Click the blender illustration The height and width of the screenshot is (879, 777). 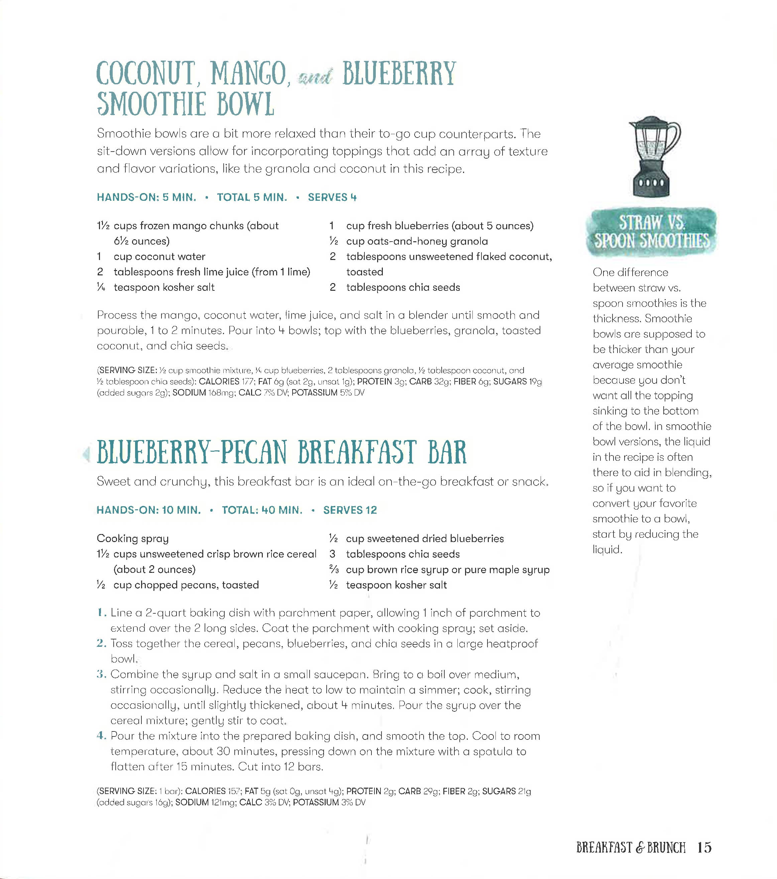coord(653,157)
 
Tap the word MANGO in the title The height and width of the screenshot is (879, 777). coord(248,74)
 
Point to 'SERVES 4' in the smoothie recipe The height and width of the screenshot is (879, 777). coord(332,197)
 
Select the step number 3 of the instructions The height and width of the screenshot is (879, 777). coord(101,674)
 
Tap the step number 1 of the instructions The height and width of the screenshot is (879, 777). coord(101,613)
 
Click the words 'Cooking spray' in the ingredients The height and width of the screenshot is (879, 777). coord(133,538)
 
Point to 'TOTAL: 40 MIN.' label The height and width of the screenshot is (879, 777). coord(262,510)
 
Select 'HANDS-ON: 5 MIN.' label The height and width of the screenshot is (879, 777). coord(146,197)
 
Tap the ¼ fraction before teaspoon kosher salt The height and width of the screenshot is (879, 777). coord(101,287)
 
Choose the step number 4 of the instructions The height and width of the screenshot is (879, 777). coord(101,736)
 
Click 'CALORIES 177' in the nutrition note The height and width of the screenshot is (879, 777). coord(219,381)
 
